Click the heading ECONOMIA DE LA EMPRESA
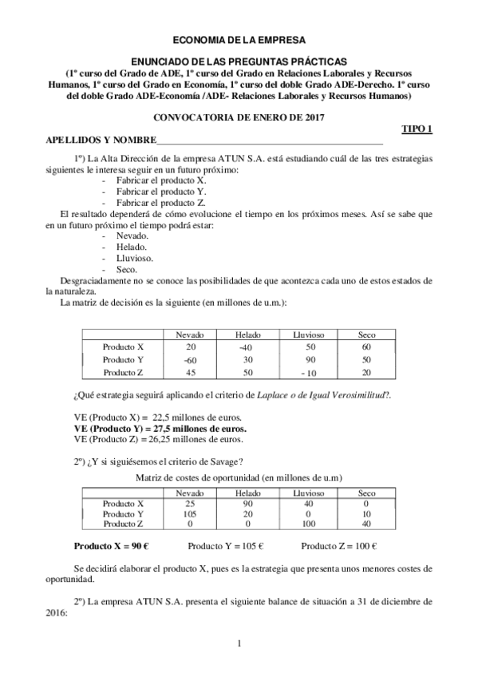239,38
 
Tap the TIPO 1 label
417,129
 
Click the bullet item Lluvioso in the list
135,258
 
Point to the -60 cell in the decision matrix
190,360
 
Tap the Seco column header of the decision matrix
366,335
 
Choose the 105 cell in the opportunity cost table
190,513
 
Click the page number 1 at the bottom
239,643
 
